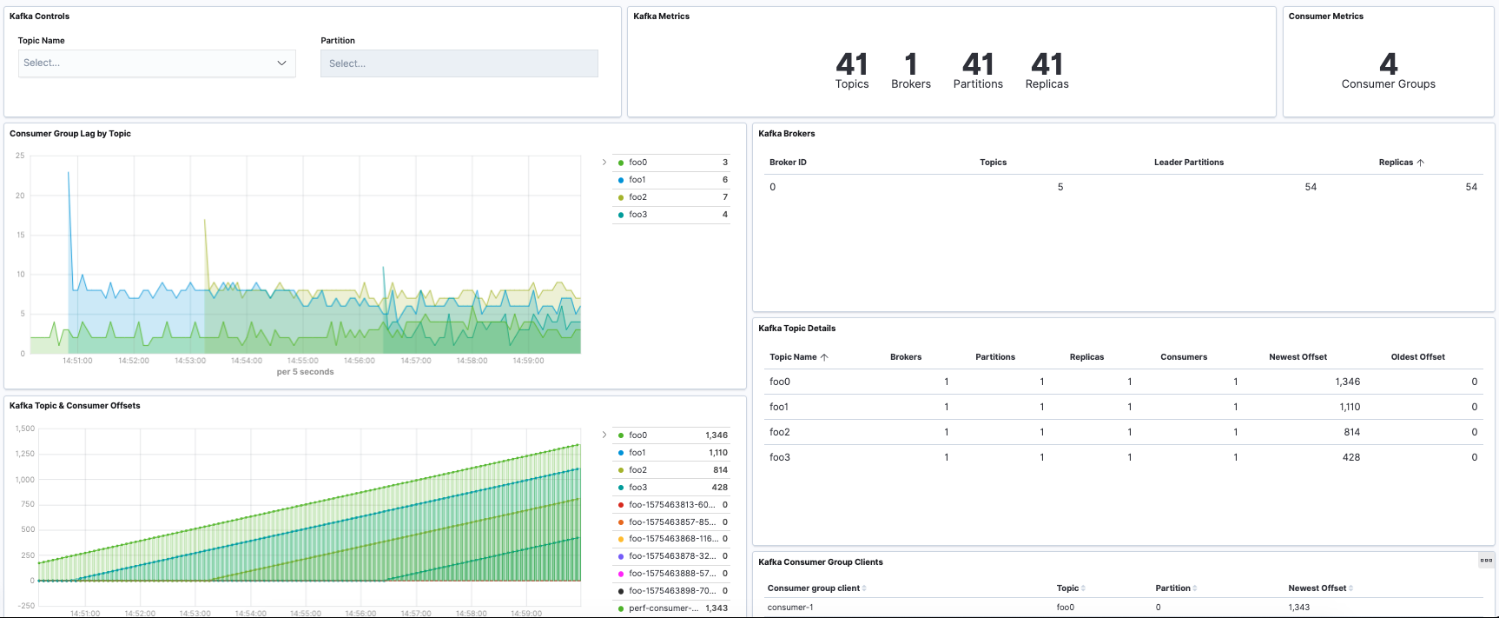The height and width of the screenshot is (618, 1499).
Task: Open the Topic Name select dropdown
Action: click(x=156, y=63)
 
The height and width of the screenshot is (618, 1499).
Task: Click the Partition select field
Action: click(x=459, y=63)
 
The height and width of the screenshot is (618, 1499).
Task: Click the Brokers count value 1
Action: click(x=910, y=64)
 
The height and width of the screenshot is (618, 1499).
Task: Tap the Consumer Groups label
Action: click(x=1388, y=84)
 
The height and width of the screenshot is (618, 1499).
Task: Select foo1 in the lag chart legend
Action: click(x=637, y=180)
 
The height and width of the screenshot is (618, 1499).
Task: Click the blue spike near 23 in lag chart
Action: click(x=69, y=173)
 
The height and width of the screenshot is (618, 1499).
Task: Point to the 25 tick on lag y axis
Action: click(x=20, y=156)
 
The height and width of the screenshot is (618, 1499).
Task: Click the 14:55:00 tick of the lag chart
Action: click(x=303, y=361)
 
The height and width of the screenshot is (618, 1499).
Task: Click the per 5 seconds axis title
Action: click(x=305, y=372)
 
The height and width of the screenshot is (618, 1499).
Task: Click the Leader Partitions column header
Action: click(x=1188, y=163)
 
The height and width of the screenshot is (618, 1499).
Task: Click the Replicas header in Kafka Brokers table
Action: click(x=1396, y=163)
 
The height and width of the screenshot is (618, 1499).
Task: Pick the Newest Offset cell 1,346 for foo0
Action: click(x=1347, y=382)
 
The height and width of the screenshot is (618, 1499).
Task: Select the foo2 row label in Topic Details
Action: click(x=780, y=432)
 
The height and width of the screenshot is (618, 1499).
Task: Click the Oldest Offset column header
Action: click(x=1417, y=357)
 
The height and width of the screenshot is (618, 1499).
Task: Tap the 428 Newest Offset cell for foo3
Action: click(x=1350, y=457)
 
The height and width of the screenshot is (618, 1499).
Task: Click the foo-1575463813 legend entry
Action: click(x=671, y=505)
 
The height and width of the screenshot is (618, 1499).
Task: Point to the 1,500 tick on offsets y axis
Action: click(x=25, y=429)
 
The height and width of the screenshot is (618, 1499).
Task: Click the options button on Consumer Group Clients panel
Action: click(x=1486, y=561)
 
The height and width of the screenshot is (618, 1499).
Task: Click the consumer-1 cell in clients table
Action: click(x=790, y=608)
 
